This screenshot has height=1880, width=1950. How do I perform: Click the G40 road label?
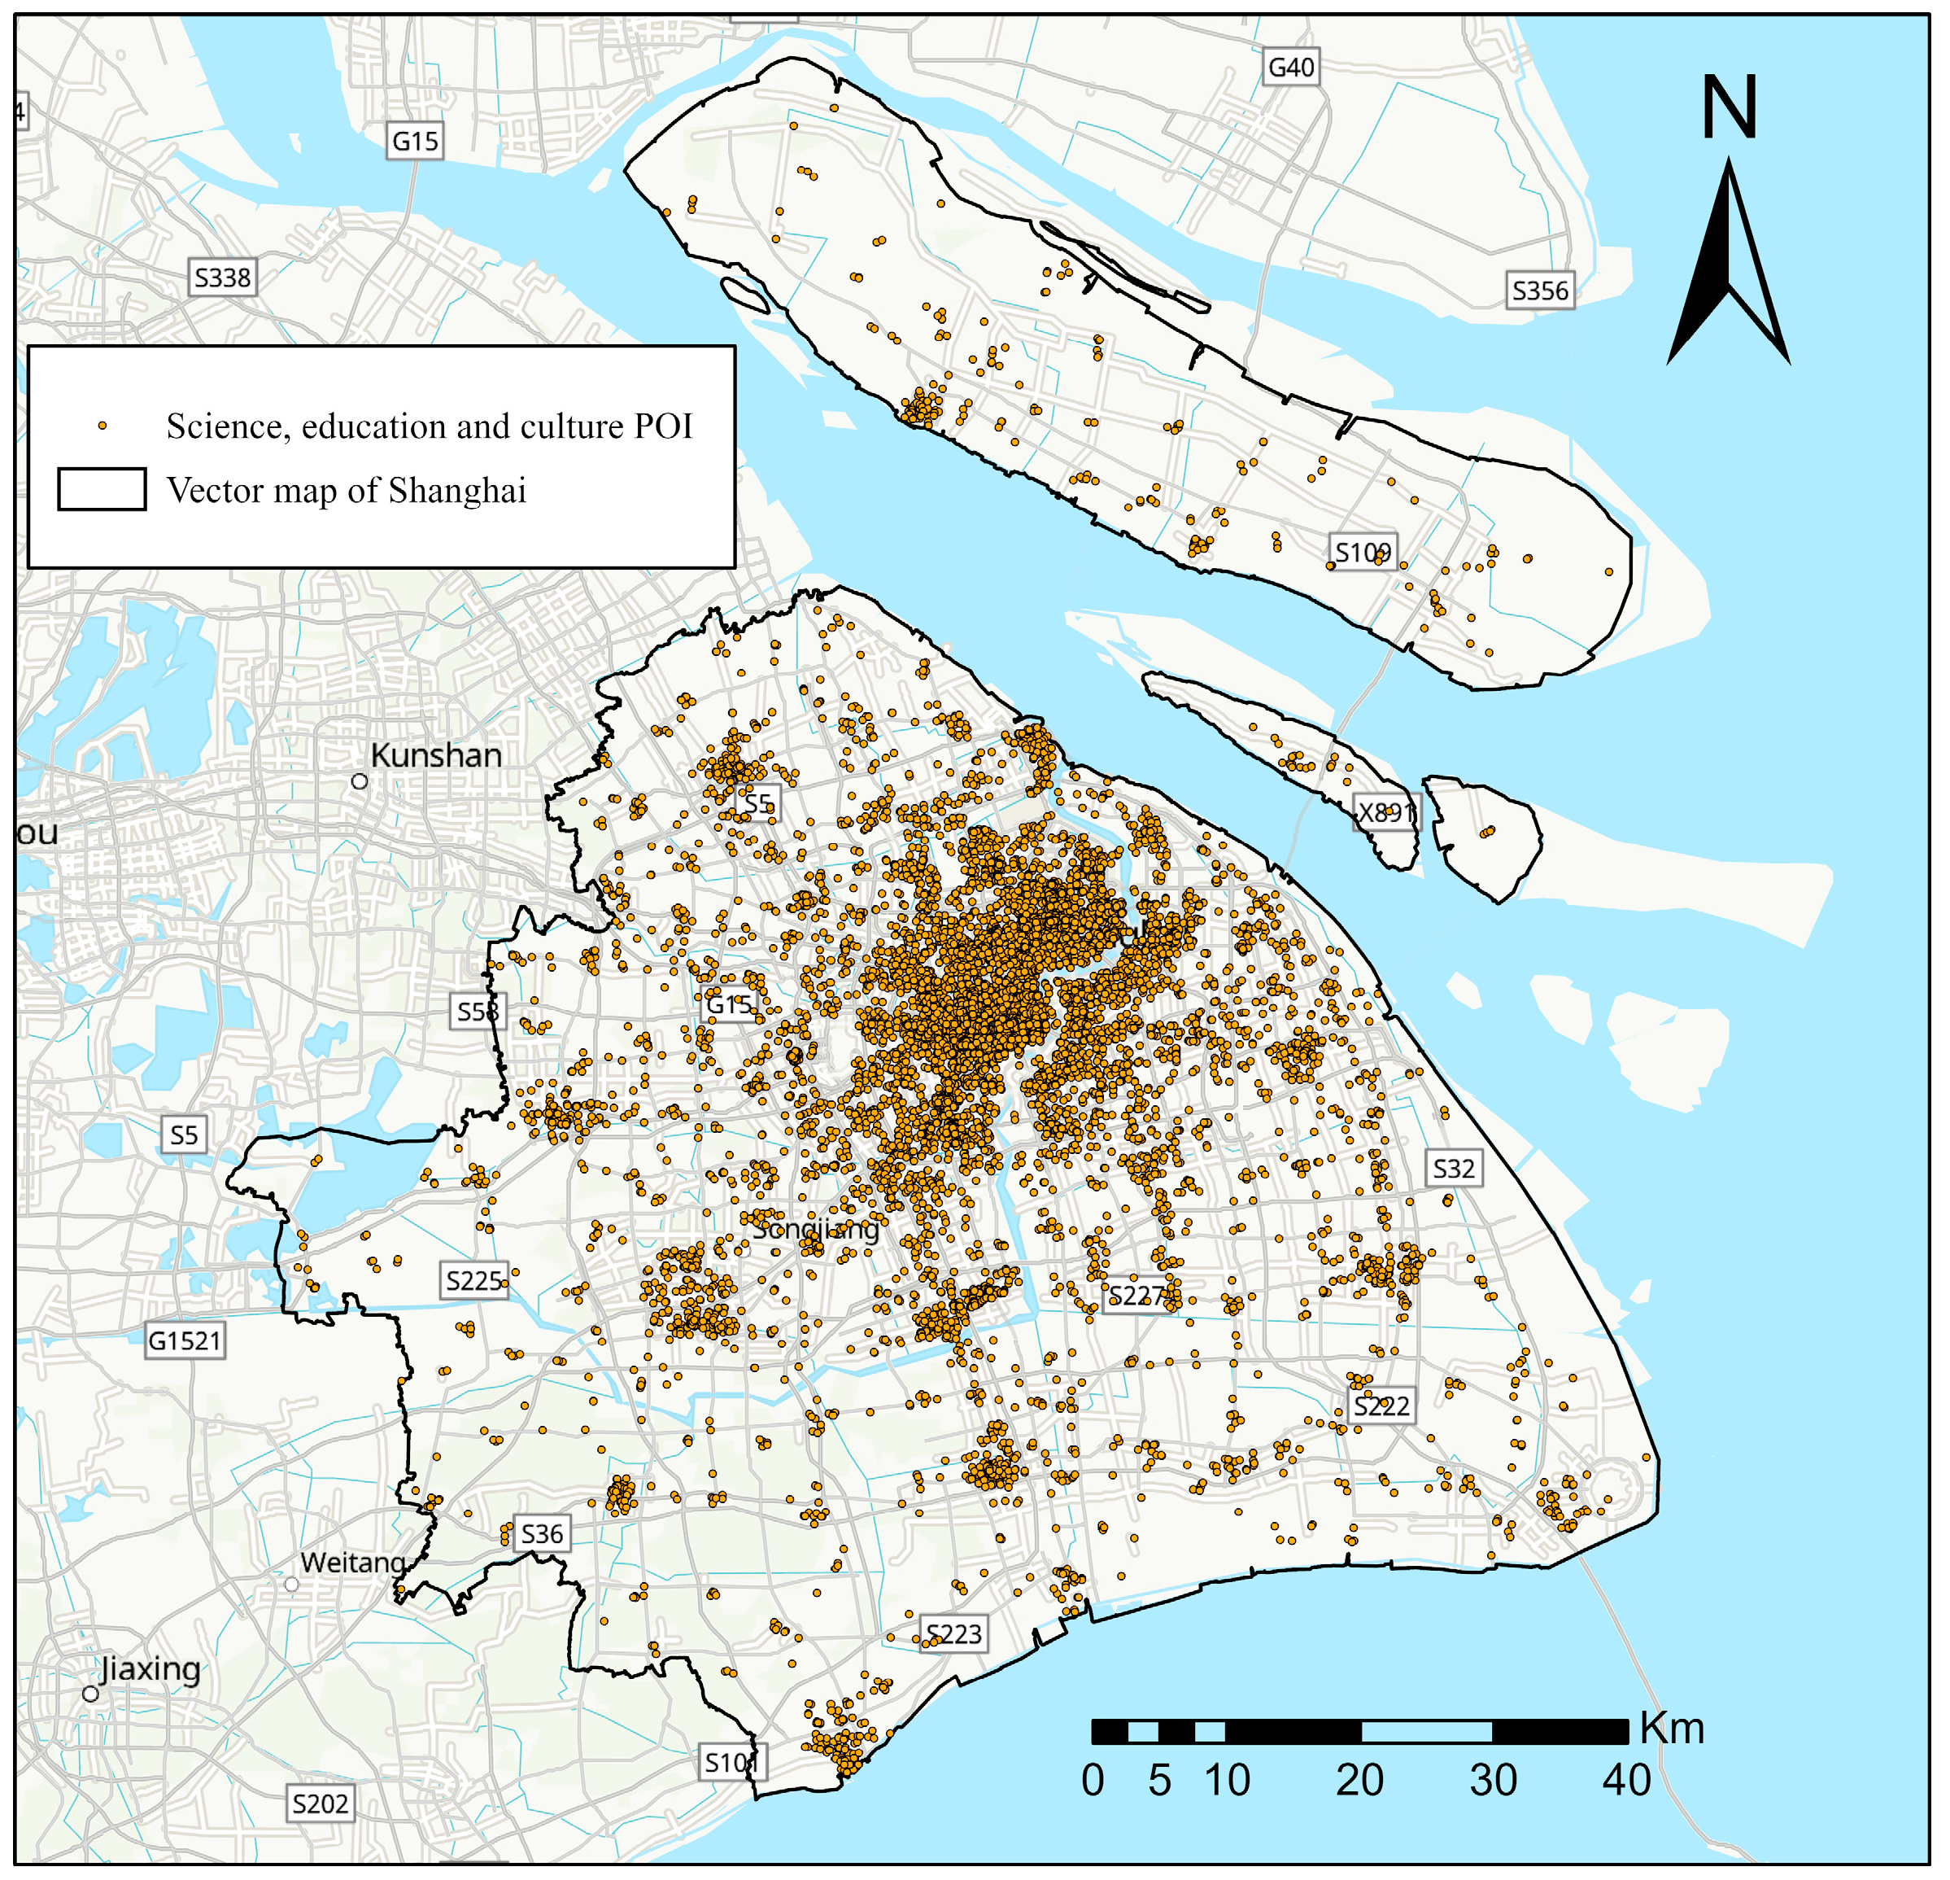[1291, 68]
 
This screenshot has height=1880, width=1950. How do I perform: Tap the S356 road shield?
[1539, 291]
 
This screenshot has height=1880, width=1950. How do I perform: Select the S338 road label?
[223, 278]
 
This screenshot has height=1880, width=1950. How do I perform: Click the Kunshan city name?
[436, 755]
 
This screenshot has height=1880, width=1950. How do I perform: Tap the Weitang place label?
[352, 1563]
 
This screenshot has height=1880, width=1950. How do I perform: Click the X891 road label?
[1387, 813]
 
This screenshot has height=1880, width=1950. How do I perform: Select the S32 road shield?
[1454, 1169]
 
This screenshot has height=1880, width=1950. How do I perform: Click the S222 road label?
[1382, 1406]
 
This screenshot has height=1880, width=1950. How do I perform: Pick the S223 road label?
[954, 1634]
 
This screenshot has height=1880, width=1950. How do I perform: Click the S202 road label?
[321, 1803]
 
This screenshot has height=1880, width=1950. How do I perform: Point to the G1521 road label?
[185, 1340]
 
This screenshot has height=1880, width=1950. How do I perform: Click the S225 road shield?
[474, 1281]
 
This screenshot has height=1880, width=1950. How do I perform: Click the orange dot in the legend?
[102, 426]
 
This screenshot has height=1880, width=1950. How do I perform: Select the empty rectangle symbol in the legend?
[102, 490]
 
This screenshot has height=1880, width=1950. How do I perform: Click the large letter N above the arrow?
[1730, 107]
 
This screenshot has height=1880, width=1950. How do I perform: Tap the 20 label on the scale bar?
[1359, 1781]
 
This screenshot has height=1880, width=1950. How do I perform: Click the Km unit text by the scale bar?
[1673, 1729]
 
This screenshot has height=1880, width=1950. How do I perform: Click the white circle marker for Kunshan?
[359, 781]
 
